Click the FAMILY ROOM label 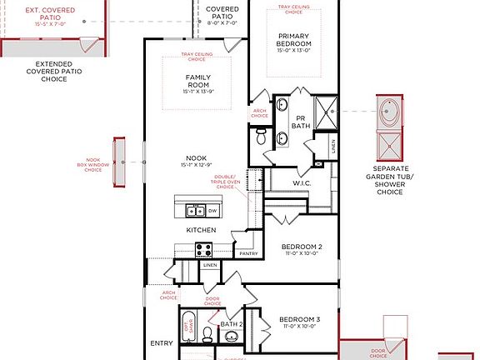pos(197,81)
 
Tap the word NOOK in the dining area pos(197,157)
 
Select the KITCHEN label pos(202,230)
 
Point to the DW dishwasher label pos(213,211)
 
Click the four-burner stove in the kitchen pos(203,247)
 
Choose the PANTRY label pos(247,252)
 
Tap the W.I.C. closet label pos(302,183)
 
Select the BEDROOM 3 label pos(299,320)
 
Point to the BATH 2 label pos(232,324)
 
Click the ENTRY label pos(161,342)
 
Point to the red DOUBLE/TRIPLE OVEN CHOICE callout pos(225,182)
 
